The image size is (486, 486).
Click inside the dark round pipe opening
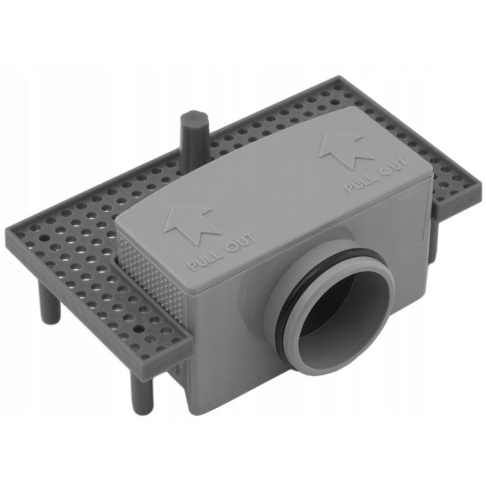tap(340, 316)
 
